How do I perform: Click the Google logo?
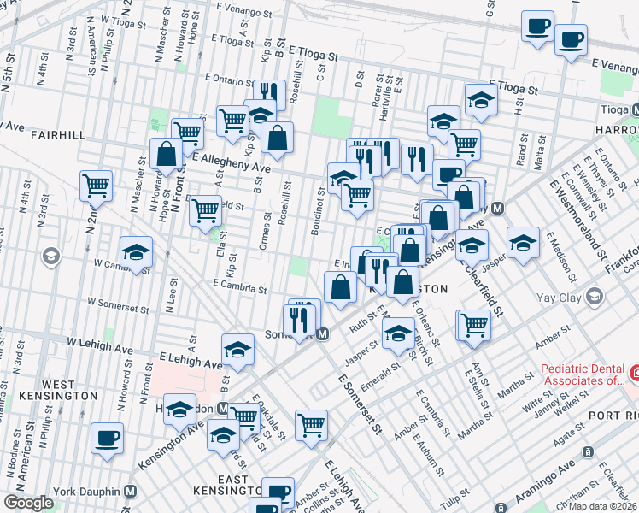(x=29, y=503)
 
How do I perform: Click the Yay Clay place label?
(x=560, y=298)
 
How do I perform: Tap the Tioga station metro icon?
(x=636, y=110)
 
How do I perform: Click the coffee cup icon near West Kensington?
(x=108, y=438)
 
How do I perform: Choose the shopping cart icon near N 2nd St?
(x=97, y=186)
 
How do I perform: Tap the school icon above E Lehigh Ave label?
(x=238, y=349)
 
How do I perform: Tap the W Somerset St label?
(x=120, y=302)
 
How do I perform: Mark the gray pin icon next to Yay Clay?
(x=595, y=297)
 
